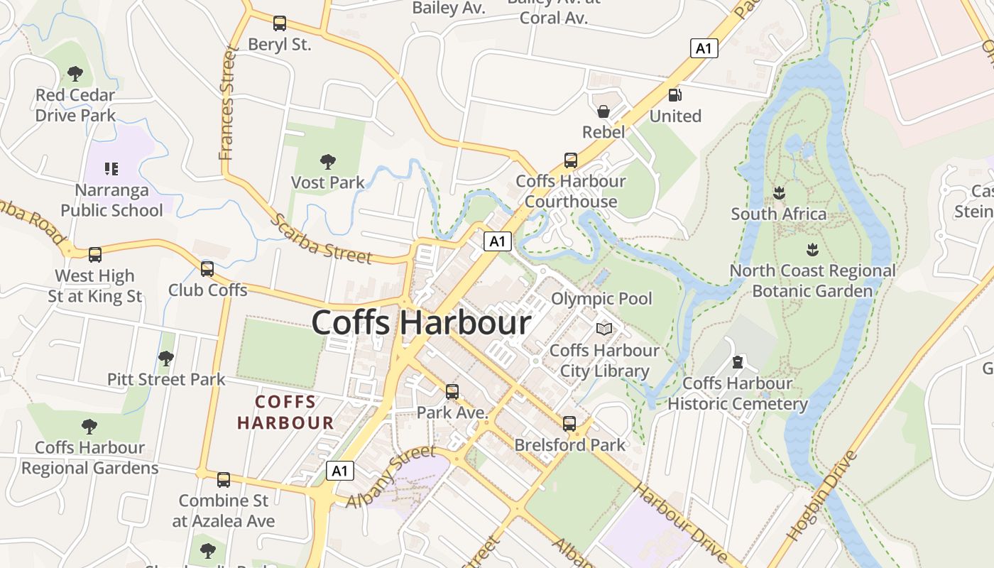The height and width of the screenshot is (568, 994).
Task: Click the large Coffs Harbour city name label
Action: pos(421,323)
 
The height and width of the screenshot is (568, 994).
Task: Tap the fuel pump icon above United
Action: pos(674,94)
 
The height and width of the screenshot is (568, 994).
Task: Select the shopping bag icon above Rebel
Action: pos(603,111)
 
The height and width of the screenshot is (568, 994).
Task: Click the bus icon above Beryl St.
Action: pos(280,23)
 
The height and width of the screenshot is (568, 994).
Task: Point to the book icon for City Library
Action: pos(604,329)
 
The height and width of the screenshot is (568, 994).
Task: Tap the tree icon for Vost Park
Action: pos(327,162)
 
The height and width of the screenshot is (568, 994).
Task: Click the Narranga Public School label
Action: pos(111,200)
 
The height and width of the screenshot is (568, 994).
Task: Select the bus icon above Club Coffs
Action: pos(207,269)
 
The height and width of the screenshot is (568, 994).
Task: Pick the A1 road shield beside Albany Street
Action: pos(340,471)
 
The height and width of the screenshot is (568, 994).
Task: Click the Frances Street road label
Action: pos(227,103)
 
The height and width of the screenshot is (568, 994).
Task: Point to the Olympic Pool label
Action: pos(601,298)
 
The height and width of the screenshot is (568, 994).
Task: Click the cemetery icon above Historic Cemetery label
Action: pos(738,362)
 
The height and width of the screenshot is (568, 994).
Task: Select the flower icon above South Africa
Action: pos(779,192)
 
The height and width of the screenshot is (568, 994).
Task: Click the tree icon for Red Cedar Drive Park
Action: pos(75,73)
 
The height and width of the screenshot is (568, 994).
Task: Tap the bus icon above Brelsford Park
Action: pos(569,424)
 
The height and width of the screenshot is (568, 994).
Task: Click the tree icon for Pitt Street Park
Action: pos(166,359)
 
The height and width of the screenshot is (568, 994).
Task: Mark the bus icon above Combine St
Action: pos(224,480)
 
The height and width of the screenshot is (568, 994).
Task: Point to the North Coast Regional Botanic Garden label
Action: pos(812,281)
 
